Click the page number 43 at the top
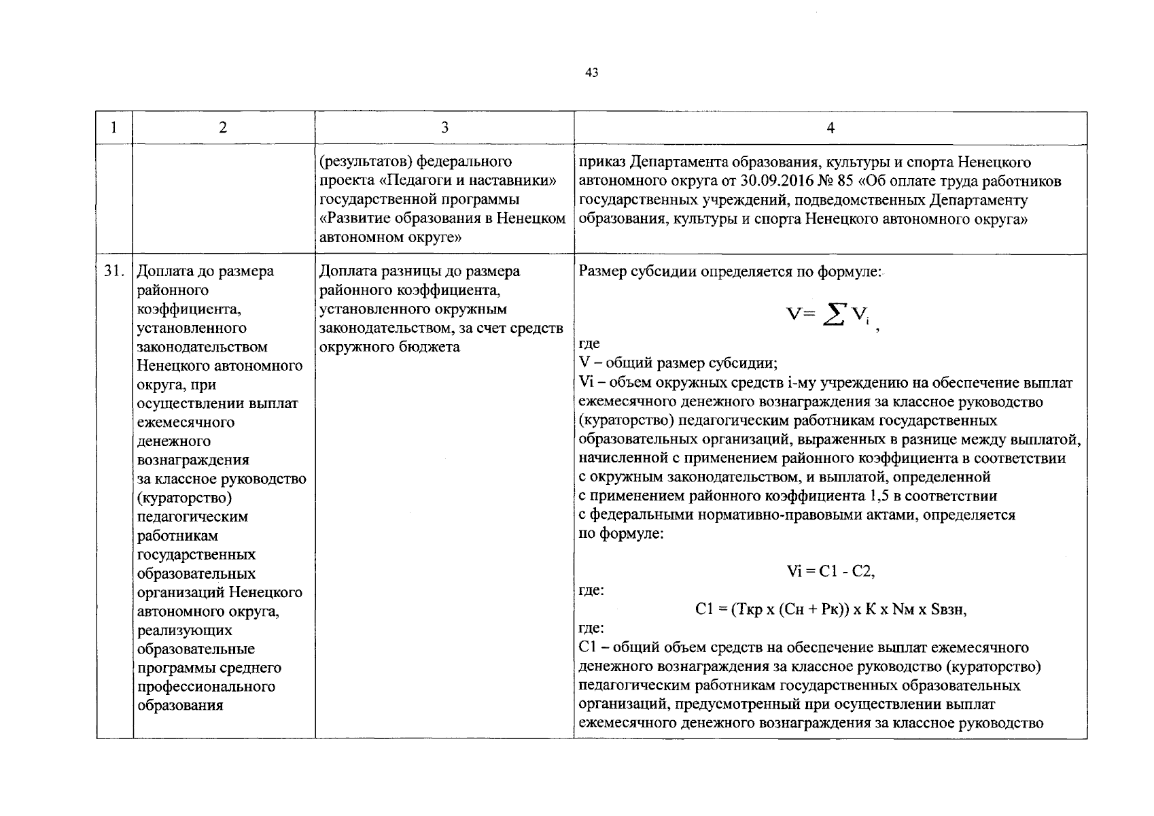pos(591,73)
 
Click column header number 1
pos(113,128)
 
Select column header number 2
pos(224,128)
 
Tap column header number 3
pos(444,128)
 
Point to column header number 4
pos(830,128)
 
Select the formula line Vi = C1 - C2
pos(830,571)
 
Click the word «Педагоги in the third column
pos(414,182)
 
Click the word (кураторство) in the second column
pos(185,498)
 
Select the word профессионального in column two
pos(206,686)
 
